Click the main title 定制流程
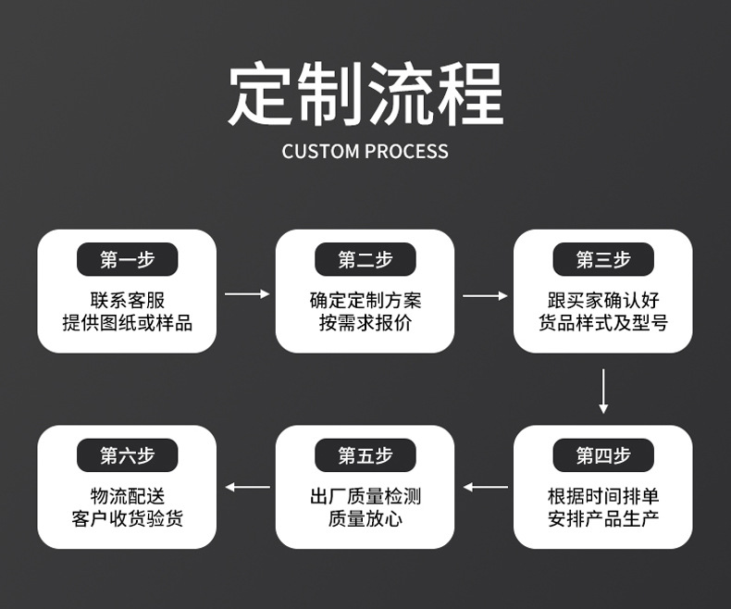pos(365,93)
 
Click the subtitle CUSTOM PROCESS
pos(365,152)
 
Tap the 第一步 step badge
pos(127,260)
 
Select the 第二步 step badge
pos(365,260)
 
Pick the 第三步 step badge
pos(603,260)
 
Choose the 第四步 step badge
pos(603,455)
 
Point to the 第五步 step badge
pos(365,455)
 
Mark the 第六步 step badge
pos(127,455)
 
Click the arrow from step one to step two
pos(246,294)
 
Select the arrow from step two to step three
pos(485,295)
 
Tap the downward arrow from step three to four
pos(603,391)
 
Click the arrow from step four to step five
pos(485,487)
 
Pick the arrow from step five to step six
pos(247,487)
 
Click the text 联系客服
pos(127,301)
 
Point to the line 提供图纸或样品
pos(127,323)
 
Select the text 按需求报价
pos(365,323)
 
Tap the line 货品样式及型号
pos(603,323)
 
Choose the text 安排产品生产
pos(603,518)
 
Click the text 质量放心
pos(365,518)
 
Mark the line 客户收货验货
pos(127,518)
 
